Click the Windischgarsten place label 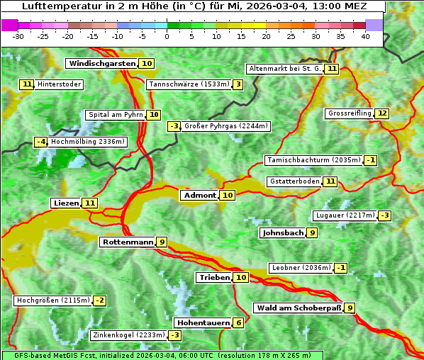tap(102, 63)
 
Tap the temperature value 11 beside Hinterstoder tap(27, 84)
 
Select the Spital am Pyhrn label tap(116, 115)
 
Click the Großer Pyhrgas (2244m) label tap(225, 126)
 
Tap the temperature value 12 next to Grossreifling tap(382, 113)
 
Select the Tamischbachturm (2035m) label tap(313, 160)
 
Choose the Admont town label tap(199, 195)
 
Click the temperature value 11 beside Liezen tap(89, 203)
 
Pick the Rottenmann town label tap(128, 242)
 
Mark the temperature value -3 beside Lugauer tap(384, 215)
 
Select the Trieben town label tap(214, 277)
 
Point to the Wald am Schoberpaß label tap(298, 308)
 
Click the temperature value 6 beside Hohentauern tap(239, 322)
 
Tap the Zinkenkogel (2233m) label tap(128, 335)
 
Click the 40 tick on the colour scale tap(365, 36)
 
